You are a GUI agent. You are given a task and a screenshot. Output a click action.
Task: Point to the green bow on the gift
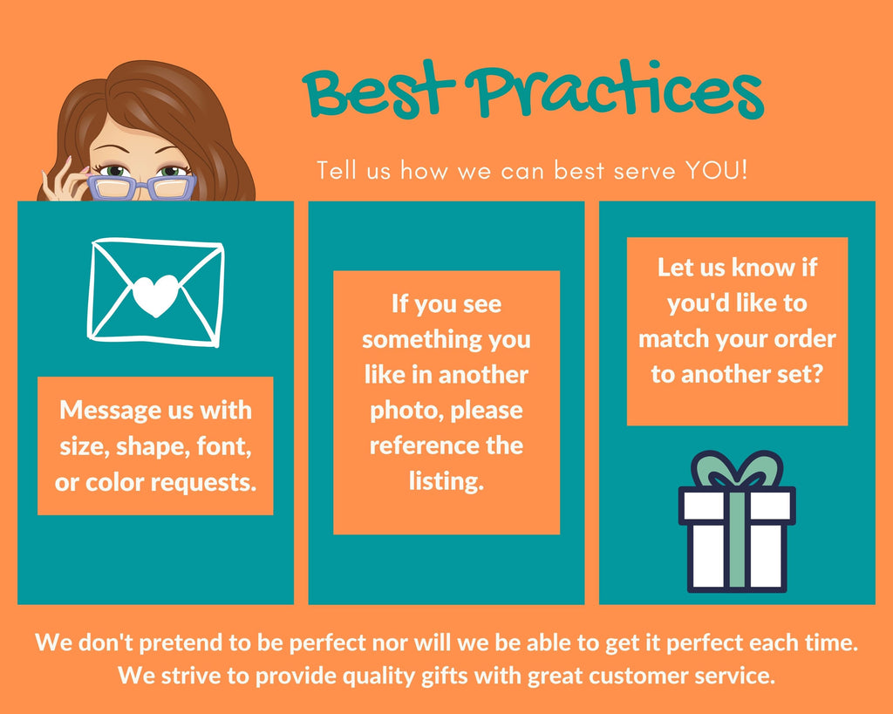(737, 470)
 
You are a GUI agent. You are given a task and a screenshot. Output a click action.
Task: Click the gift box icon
(737, 521)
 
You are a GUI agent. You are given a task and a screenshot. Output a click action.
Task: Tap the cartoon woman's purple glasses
(142, 187)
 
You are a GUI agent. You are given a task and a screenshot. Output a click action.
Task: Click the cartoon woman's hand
(64, 181)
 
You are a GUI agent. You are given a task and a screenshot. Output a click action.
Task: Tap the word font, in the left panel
(224, 446)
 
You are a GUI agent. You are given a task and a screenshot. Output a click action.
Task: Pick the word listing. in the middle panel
(446, 481)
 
